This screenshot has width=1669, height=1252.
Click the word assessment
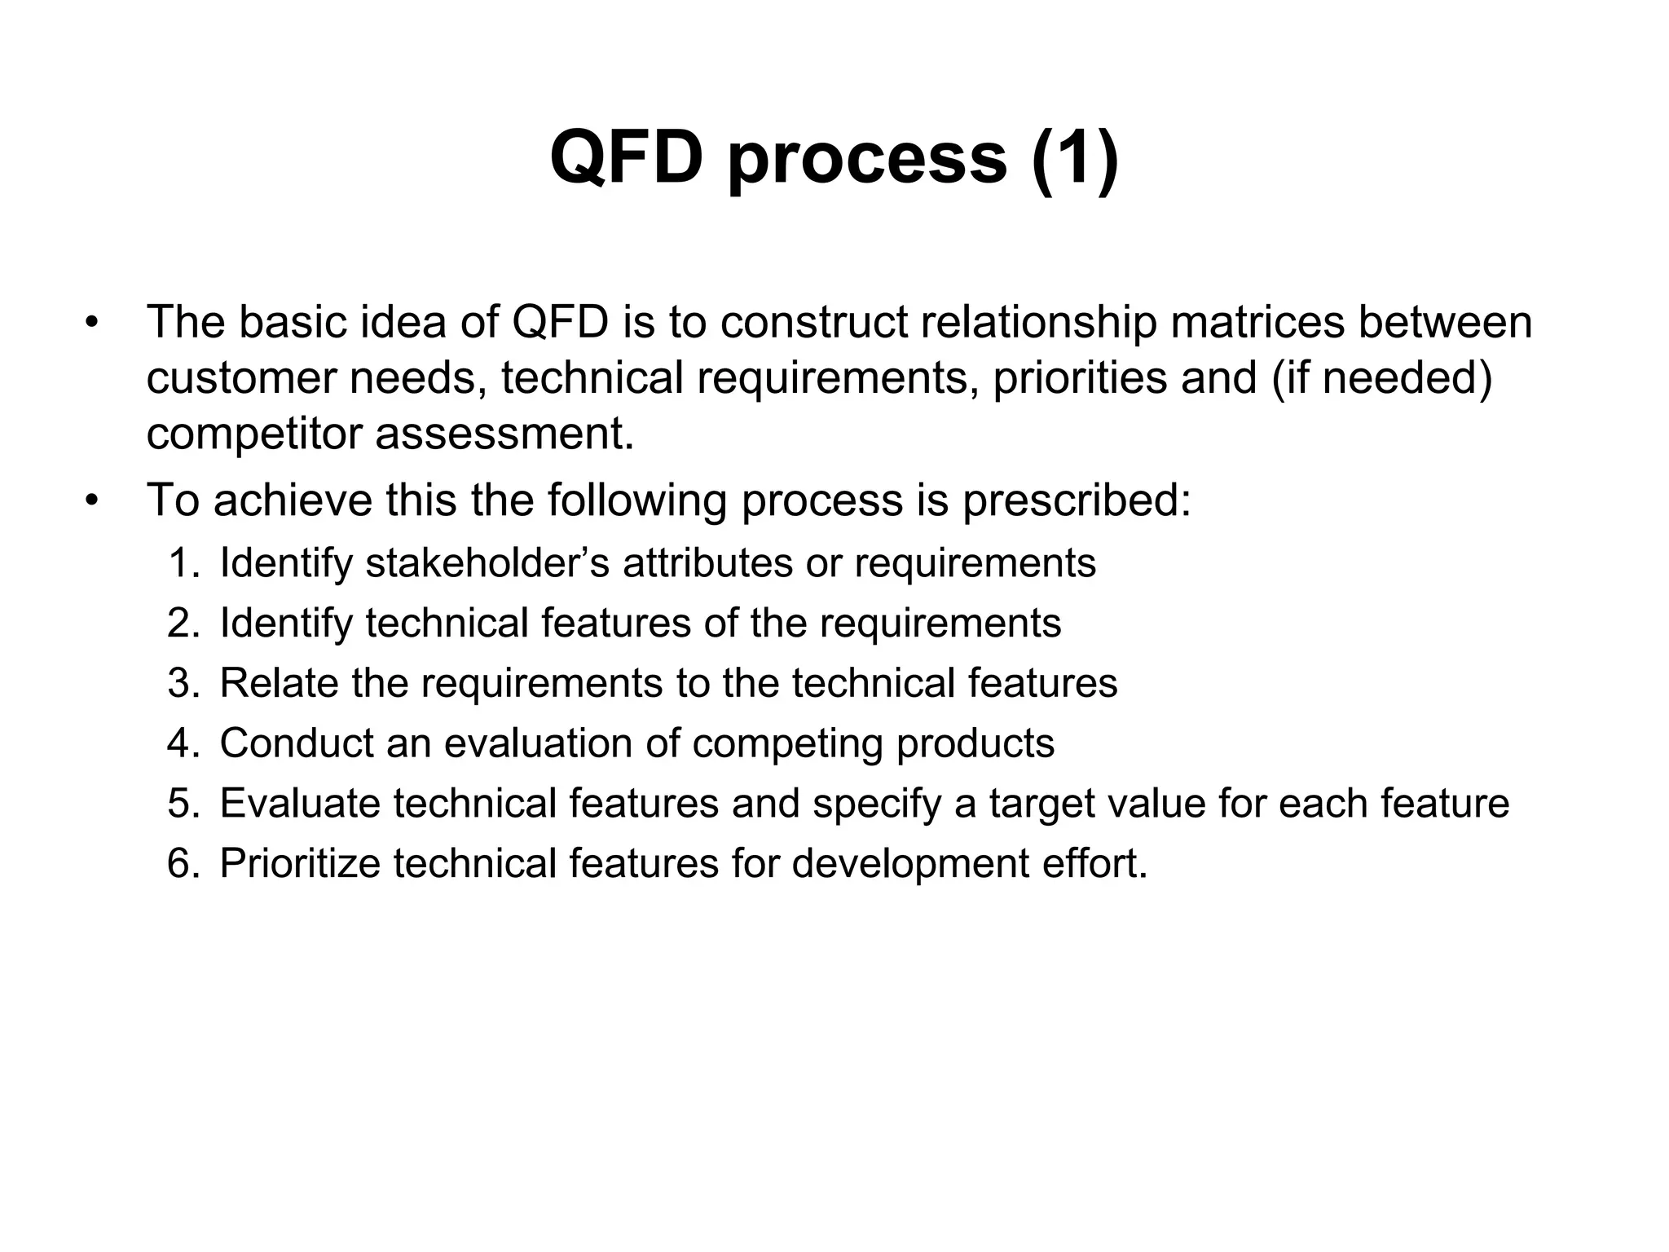click(x=504, y=434)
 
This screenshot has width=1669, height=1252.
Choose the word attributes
click(x=707, y=562)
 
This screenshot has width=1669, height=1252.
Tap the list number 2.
click(x=182, y=623)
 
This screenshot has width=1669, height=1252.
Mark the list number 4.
click(x=182, y=743)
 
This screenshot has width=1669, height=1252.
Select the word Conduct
click(x=296, y=743)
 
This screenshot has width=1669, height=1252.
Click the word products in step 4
click(x=975, y=743)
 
